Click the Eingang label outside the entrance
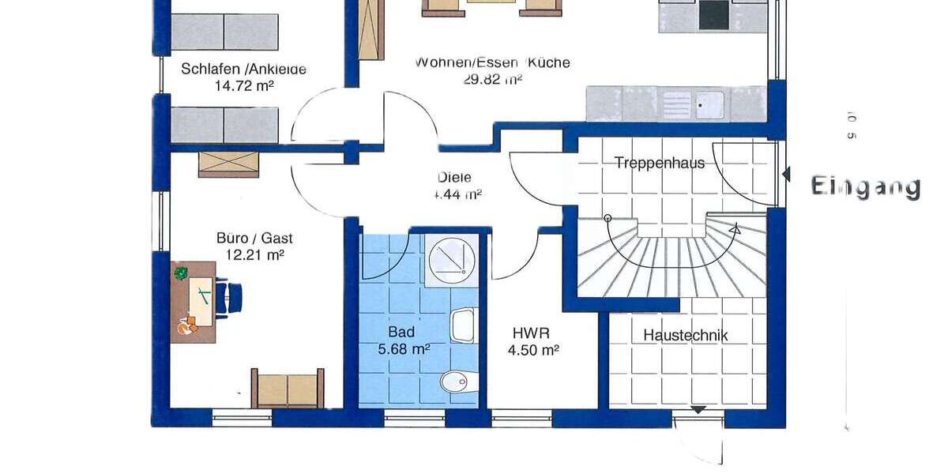pyautogui.click(x=866, y=187)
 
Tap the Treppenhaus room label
pyautogui.click(x=659, y=164)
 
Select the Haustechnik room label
pyautogui.click(x=685, y=335)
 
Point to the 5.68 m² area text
pyautogui.click(x=403, y=348)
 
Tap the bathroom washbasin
pyautogui.click(x=463, y=325)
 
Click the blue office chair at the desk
pyautogui.click(x=234, y=299)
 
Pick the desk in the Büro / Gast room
pyautogui.click(x=194, y=302)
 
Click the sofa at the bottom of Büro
pyautogui.click(x=287, y=389)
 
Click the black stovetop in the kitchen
pyautogui.click(x=714, y=14)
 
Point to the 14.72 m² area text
pyautogui.click(x=244, y=85)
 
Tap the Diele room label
pyautogui.click(x=454, y=178)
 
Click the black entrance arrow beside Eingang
pyautogui.click(x=786, y=175)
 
